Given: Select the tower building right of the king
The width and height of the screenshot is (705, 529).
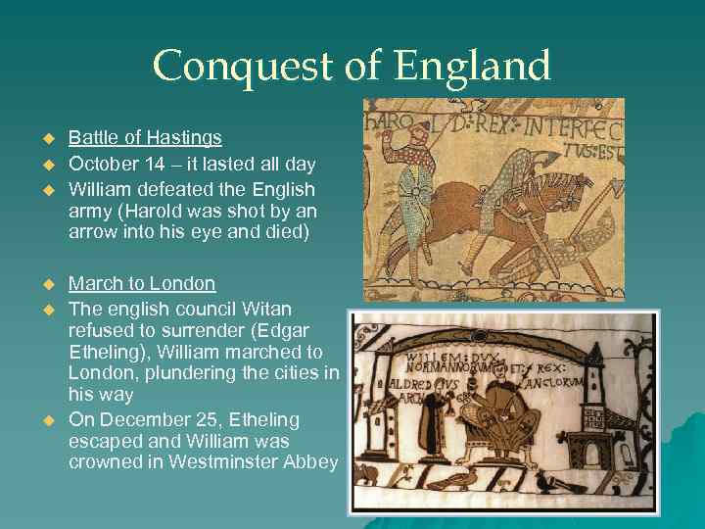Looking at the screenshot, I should point(594,411).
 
